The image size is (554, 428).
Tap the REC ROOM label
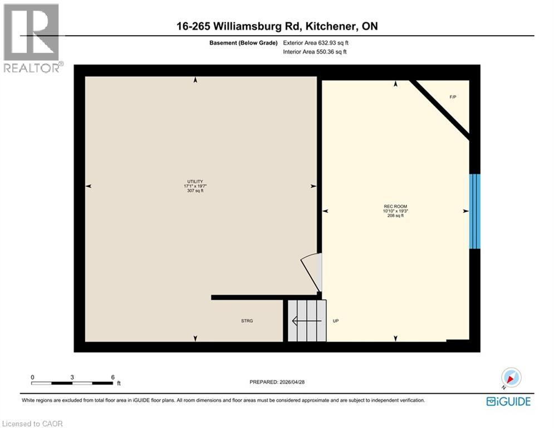[x=395, y=207]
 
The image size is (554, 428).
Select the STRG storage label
[x=247, y=321]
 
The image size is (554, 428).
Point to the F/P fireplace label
[x=453, y=98]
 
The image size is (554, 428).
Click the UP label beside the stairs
[x=336, y=321]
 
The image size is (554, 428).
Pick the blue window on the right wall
[x=474, y=211]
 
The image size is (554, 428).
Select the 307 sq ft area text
[x=195, y=191]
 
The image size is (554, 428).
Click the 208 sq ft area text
[x=395, y=216]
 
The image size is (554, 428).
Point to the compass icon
[x=511, y=378]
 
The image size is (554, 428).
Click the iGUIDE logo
[x=508, y=401]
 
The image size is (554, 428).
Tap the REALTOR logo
[x=32, y=38]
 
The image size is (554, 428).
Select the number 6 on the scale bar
[x=113, y=377]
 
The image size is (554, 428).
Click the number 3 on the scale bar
[x=72, y=377]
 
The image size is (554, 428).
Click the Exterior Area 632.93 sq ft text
[x=316, y=42]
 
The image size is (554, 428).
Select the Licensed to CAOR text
[x=32, y=424]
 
